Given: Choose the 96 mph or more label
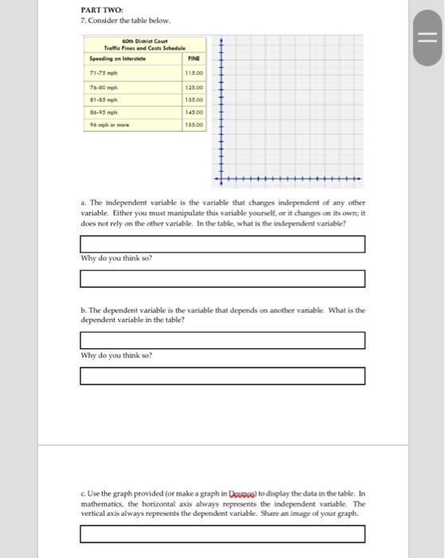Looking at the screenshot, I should point(106,125).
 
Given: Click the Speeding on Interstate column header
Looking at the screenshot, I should point(114,58).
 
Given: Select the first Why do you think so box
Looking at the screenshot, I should point(223,278).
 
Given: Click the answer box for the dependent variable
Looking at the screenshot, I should point(223,340).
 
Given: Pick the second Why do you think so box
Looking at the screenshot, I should point(223,375).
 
